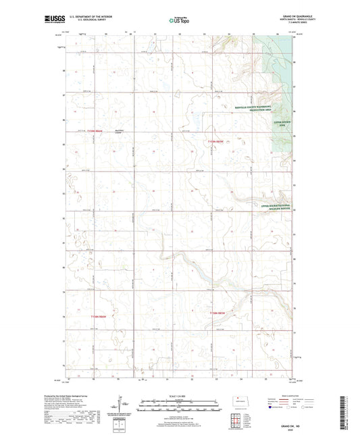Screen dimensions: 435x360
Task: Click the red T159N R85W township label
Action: coord(215,141)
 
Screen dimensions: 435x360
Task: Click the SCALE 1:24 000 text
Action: coord(180,395)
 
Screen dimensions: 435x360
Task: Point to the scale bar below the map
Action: coord(180,404)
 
